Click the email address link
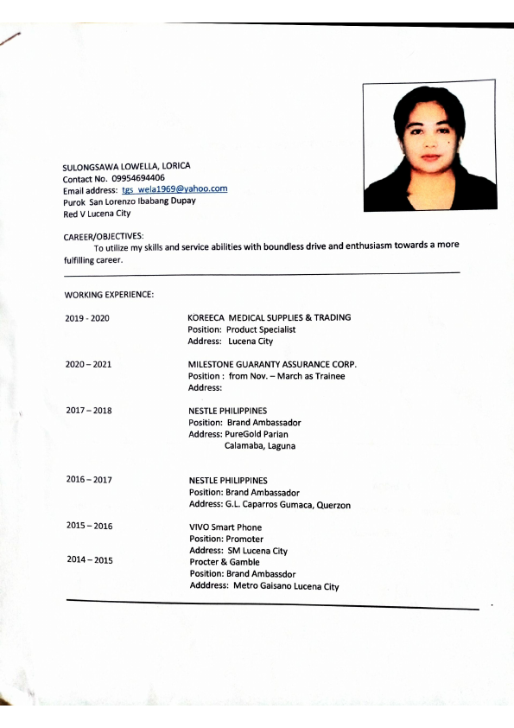[x=174, y=188]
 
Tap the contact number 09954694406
[x=138, y=177]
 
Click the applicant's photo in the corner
[x=429, y=145]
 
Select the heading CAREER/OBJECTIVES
[x=104, y=236]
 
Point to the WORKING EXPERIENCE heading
[x=109, y=296]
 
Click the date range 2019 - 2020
[x=87, y=318]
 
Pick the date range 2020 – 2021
[x=88, y=365]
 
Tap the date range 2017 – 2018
[x=88, y=411]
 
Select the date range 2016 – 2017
[x=88, y=480]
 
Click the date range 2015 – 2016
[x=89, y=526]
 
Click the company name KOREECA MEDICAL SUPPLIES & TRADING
[x=269, y=317]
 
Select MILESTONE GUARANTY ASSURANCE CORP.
[x=272, y=364]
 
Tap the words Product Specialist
[x=261, y=329]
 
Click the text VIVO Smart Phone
[x=225, y=527]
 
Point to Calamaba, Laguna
[x=260, y=446]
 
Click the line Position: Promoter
[x=226, y=539]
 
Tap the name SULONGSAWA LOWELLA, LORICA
[x=127, y=166]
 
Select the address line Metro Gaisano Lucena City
[x=286, y=586]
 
